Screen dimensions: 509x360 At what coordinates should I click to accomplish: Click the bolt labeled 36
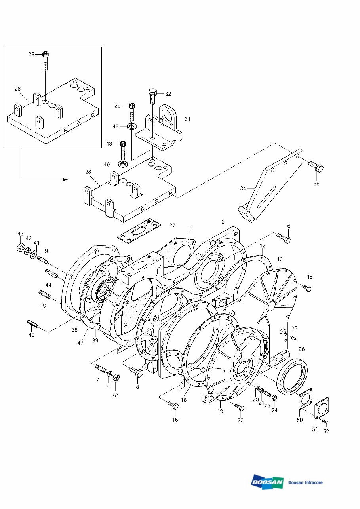(x=315, y=166)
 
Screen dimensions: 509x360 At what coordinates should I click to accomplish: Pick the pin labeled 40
(x=32, y=323)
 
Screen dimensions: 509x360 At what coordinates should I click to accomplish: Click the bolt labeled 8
(x=135, y=371)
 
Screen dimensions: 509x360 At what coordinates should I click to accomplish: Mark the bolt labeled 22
(x=239, y=407)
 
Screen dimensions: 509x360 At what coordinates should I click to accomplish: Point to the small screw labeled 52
(x=326, y=422)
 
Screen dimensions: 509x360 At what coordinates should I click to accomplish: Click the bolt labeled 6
(x=284, y=237)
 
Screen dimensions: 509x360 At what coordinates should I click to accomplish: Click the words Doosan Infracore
(x=305, y=482)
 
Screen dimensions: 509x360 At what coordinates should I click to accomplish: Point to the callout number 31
(x=188, y=118)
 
